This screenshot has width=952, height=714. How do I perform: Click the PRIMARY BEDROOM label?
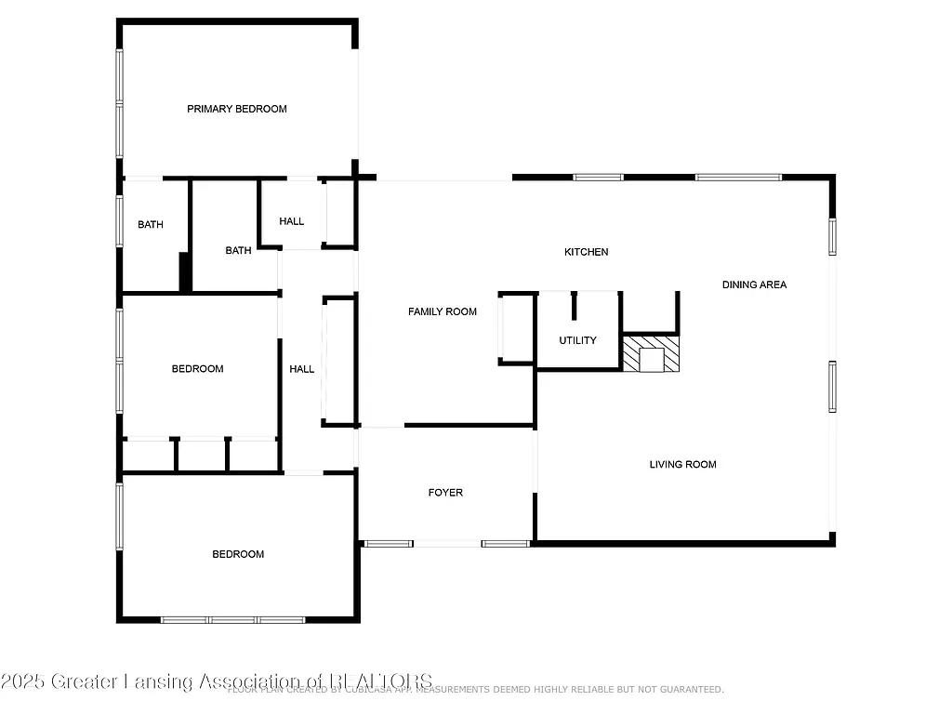(x=237, y=109)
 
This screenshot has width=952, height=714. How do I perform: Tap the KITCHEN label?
(x=587, y=252)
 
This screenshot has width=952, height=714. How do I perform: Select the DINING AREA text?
(x=754, y=284)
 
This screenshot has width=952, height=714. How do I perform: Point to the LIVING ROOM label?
(x=682, y=464)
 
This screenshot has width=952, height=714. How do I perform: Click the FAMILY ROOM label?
(x=443, y=311)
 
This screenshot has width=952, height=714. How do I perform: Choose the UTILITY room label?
(x=577, y=340)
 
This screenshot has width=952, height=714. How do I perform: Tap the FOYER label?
(x=445, y=493)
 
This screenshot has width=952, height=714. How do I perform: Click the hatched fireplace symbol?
(x=651, y=354)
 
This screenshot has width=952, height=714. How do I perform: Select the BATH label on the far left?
(x=151, y=224)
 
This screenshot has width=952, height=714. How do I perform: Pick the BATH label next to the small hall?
(x=238, y=250)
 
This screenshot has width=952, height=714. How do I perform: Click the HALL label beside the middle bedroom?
(x=302, y=369)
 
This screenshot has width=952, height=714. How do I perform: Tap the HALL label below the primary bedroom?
(x=292, y=221)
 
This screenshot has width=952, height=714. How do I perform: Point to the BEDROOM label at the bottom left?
(x=238, y=554)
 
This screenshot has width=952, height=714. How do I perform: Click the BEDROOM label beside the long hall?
(x=197, y=369)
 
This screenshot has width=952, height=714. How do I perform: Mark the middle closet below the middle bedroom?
(x=202, y=455)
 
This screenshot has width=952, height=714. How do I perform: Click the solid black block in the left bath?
(x=185, y=272)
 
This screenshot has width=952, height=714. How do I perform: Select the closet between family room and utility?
(x=516, y=328)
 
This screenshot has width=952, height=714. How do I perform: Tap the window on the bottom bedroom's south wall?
(x=232, y=619)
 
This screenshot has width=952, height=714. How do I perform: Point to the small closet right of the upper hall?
(x=339, y=213)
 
